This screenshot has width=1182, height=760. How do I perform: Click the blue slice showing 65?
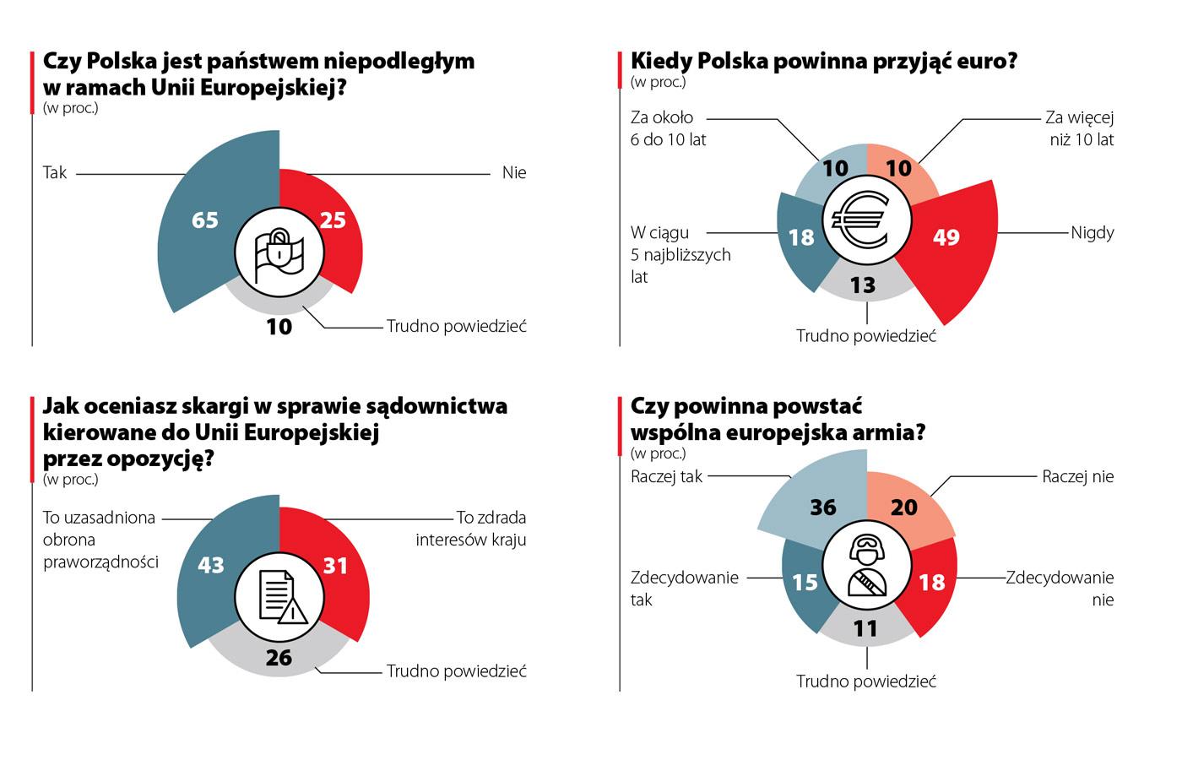[x=207, y=228]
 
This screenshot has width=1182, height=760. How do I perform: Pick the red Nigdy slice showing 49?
[x=950, y=245]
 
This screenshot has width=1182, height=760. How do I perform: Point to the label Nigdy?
[x=1092, y=232]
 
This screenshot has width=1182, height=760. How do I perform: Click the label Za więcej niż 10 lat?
[x=1081, y=128]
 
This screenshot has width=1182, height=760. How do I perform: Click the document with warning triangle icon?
[x=279, y=595]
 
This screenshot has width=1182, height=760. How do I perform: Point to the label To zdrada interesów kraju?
[x=470, y=528]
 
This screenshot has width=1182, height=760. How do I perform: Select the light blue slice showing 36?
[x=815, y=502]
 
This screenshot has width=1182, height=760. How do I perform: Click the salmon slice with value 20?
[x=908, y=505]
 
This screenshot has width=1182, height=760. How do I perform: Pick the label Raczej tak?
[x=666, y=476]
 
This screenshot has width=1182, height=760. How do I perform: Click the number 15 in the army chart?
[x=805, y=583]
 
